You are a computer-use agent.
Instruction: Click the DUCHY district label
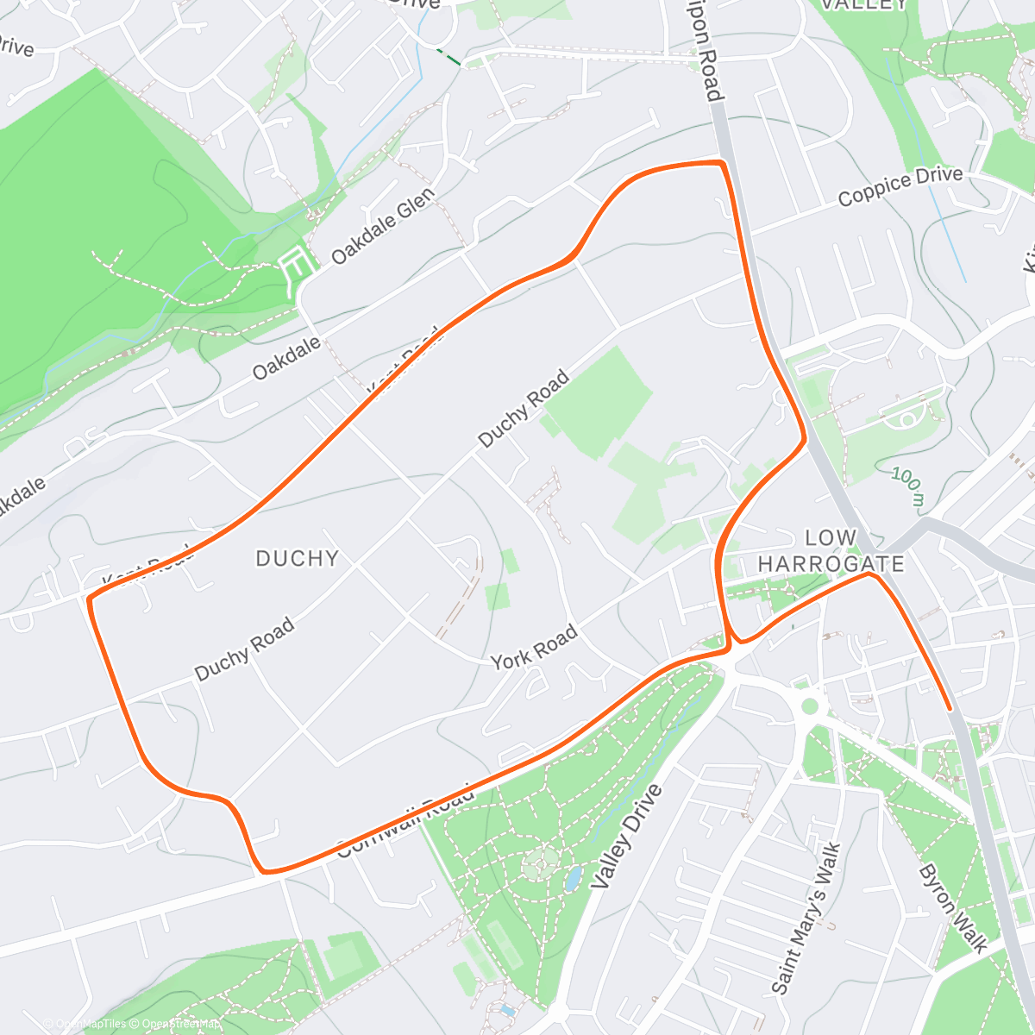coord(297,559)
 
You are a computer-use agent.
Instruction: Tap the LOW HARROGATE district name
coord(831,551)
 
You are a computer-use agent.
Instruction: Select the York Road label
coord(534,649)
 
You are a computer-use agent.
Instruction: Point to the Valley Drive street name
coord(626,837)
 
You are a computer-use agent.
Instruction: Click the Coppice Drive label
coord(900,187)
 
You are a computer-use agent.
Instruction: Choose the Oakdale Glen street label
coord(383,227)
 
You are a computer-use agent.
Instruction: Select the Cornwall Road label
coord(405,819)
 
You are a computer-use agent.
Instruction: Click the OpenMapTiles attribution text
coord(84,1024)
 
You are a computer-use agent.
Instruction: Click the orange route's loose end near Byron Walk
coord(950,708)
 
